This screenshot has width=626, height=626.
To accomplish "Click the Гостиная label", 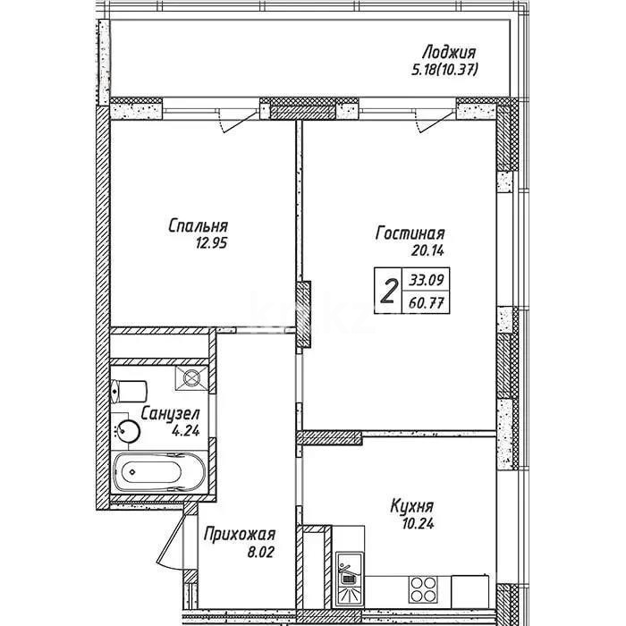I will [410, 234].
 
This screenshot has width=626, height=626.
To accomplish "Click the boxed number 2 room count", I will [388, 291].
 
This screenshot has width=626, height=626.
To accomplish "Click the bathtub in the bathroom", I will [157, 471].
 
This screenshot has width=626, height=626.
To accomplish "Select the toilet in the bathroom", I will [131, 391].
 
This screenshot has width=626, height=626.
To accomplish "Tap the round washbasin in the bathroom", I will [128, 431].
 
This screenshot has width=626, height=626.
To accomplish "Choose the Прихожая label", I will [236, 535].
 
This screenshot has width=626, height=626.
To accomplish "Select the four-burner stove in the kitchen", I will [424, 588].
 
